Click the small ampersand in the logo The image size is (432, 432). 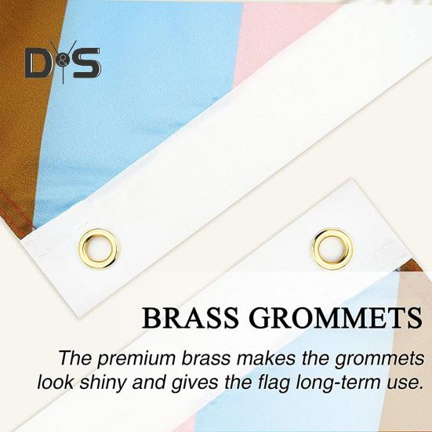point(64,63)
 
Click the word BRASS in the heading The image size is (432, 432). point(190,318)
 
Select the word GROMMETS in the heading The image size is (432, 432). point(336,318)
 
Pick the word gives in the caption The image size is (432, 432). point(195,383)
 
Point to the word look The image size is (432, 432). point(56,383)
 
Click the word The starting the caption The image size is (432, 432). point(75,358)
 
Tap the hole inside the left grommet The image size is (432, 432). point(99,249)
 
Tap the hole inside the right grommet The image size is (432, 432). point(332,249)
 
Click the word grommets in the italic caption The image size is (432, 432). point(379,359)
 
